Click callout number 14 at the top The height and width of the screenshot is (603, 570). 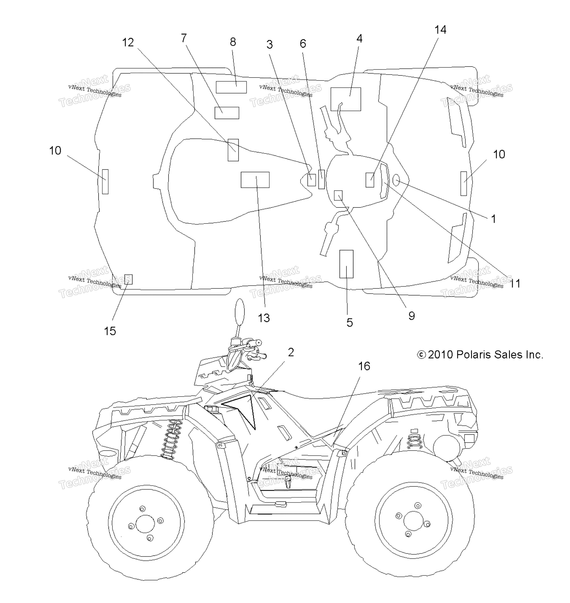[x=440, y=30]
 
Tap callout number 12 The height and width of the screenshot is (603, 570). [x=128, y=43]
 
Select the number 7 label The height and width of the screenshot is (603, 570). [x=184, y=38]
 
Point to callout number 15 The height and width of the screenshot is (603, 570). [x=110, y=331]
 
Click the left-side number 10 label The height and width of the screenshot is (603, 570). [x=55, y=151]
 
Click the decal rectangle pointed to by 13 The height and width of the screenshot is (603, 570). [x=255, y=180]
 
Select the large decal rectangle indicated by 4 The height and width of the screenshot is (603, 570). [x=346, y=99]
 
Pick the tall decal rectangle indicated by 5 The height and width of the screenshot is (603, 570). [x=346, y=264]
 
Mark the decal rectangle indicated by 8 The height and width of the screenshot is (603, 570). [x=231, y=87]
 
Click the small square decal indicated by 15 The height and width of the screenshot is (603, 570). [x=129, y=279]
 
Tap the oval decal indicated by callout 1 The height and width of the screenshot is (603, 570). [x=396, y=180]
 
